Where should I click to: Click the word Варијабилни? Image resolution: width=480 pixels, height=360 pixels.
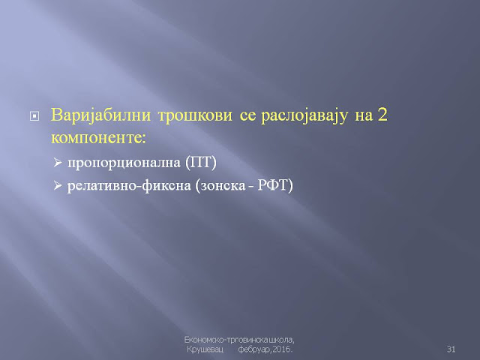pos(100,115)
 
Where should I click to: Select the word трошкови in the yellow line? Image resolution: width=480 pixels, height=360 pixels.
pos(195,115)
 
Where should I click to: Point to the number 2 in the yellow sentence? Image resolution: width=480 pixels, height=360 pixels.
pos(382,115)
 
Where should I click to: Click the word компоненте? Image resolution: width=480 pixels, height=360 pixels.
pos(98,138)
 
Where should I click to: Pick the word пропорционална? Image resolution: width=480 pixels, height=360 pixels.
pos(124,163)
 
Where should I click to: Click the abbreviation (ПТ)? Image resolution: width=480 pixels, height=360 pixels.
pos(201,162)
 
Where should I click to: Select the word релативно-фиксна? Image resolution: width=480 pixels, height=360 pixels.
pos(129,186)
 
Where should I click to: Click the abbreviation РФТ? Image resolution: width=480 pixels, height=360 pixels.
pos(271,185)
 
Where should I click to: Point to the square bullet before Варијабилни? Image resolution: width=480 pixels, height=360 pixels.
pos(34,116)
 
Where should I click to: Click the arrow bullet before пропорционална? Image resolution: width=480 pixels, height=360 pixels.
pos(58,162)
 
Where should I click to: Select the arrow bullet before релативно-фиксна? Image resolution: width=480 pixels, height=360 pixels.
pos(58,185)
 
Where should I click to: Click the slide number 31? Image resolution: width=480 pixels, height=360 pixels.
pos(451,349)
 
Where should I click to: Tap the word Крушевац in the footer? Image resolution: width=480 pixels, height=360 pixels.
pos(205,349)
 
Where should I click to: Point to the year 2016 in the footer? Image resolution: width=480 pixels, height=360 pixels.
pos(282,349)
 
